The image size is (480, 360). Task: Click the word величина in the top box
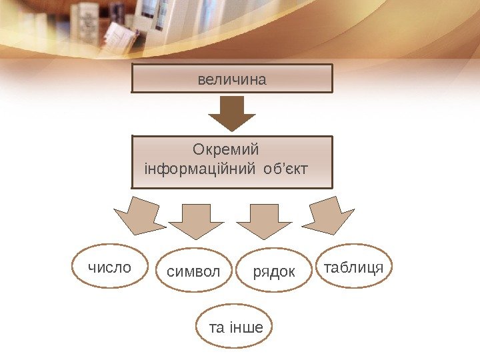click(x=231, y=80)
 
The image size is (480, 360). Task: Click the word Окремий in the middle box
click(x=225, y=147)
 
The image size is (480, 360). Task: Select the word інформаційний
click(x=197, y=165)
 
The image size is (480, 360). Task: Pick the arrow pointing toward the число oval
click(x=138, y=216)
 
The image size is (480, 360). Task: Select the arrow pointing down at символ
click(x=197, y=221)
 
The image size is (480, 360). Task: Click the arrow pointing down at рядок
click(x=265, y=221)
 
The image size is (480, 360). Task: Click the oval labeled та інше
click(x=236, y=327)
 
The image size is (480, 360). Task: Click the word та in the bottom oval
click(x=217, y=327)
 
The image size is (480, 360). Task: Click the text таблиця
click(x=353, y=268)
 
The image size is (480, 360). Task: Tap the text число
click(x=109, y=268)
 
